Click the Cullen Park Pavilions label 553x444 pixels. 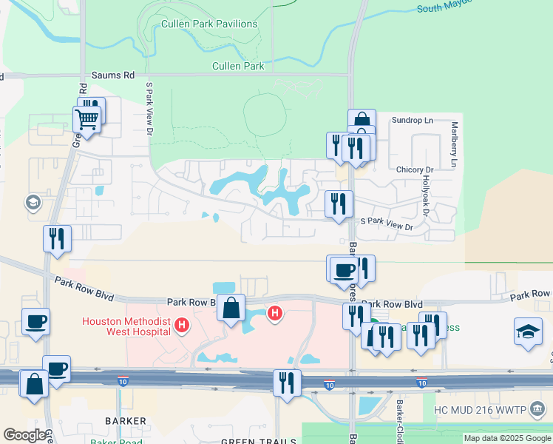tap(209, 24)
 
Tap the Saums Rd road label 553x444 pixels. tap(113, 75)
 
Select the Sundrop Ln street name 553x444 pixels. tap(412, 120)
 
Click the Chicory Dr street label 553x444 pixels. tap(413, 169)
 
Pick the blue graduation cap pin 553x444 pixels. tap(528, 331)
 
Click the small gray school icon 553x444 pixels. tap(33, 202)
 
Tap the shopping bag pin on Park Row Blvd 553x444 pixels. tap(231, 307)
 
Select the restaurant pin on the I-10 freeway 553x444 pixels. tap(284, 382)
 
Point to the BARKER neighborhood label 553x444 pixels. tap(125, 421)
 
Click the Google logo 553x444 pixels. tap(25, 435)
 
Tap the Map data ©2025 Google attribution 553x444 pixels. tap(506, 438)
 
